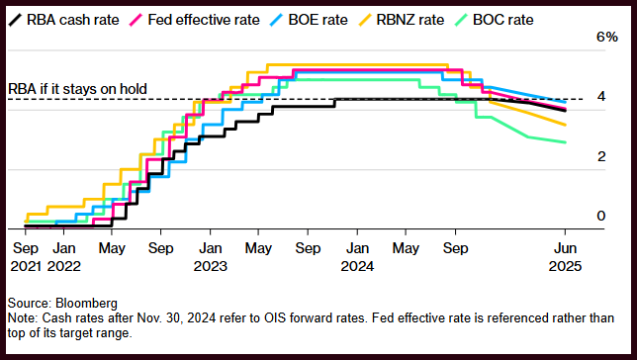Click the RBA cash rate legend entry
(63, 20)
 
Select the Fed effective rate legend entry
(194, 20)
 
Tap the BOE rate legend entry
(309, 20)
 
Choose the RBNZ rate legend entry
(401, 20)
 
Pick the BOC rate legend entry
(494, 20)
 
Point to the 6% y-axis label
(607, 37)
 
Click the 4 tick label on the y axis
(601, 96)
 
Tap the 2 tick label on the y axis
(601, 156)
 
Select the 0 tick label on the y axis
(601, 216)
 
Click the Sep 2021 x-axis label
(26, 257)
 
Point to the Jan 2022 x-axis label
(64, 257)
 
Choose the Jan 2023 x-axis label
(210, 257)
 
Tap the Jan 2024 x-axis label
(357, 257)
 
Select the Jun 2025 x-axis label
(565, 257)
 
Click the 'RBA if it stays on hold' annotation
(77, 89)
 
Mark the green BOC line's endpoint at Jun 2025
(565, 142)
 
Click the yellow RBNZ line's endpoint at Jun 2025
(565, 125)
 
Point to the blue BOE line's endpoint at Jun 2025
(565, 102)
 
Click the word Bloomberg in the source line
(86, 303)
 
